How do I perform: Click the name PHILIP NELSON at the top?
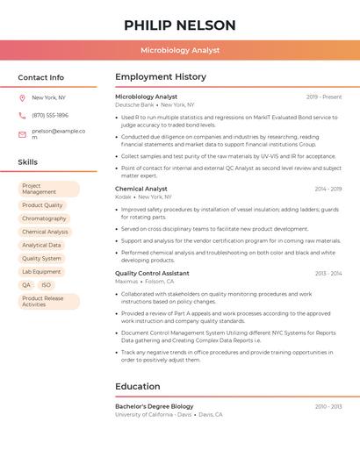point(180,25)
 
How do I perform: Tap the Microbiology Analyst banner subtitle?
point(180,50)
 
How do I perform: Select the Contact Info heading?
point(41,77)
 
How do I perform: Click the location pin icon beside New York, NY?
point(22,98)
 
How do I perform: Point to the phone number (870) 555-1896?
point(50,115)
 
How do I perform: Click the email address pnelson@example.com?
point(58,134)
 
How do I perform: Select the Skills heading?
point(28,162)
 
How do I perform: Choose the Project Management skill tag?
point(48,190)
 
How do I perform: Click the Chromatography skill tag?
point(44,218)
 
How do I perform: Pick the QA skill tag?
point(26,285)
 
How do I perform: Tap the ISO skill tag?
point(46,285)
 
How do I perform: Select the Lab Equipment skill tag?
point(41,272)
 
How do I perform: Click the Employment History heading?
point(161,77)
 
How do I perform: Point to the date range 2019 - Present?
point(324,97)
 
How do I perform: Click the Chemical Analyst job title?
point(141,189)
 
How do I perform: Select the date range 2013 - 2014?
point(328,273)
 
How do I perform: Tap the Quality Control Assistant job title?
point(152,273)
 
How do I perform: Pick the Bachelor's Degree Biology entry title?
point(155,406)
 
